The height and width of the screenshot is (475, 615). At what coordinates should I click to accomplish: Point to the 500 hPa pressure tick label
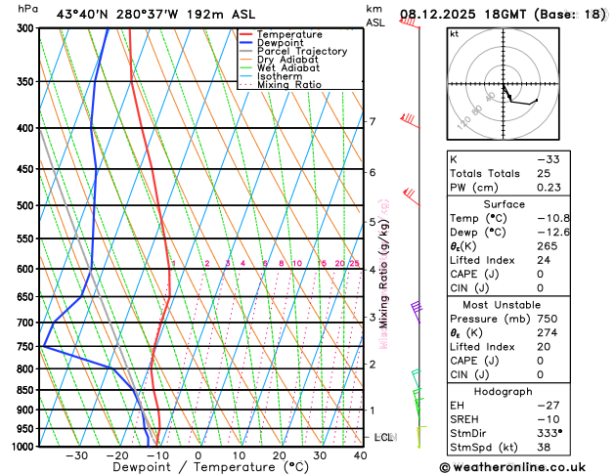pyautogui.click(x=26, y=205)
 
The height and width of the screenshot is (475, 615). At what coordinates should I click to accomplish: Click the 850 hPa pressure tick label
pyautogui.click(x=26, y=390)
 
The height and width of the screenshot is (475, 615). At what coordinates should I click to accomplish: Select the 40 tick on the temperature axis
pyautogui.click(x=360, y=455)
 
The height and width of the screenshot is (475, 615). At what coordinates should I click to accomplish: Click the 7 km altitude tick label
pyautogui.click(x=373, y=121)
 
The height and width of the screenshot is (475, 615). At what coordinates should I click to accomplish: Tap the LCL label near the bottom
pyautogui.click(x=383, y=437)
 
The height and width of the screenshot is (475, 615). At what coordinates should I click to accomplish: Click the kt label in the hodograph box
pyautogui.click(x=454, y=33)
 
